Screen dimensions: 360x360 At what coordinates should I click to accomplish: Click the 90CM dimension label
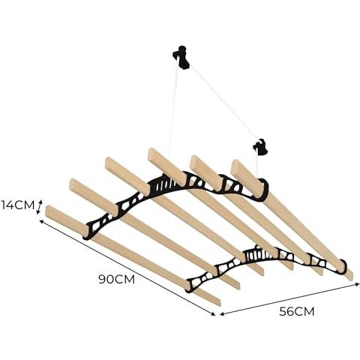click(x=116, y=279)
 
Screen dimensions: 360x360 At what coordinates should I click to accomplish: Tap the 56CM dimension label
click(x=297, y=311)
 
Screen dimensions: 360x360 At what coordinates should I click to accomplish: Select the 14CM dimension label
click(x=17, y=205)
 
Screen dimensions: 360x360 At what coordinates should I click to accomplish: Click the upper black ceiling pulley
click(x=181, y=57)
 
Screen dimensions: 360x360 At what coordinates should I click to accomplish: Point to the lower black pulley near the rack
click(x=261, y=147)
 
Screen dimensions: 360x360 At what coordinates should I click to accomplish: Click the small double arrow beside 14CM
click(x=39, y=207)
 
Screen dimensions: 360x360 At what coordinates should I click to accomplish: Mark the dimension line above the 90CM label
click(x=127, y=268)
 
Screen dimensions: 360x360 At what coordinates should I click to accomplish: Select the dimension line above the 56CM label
click(x=289, y=298)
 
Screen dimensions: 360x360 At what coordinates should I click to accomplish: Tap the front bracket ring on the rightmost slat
click(x=343, y=267)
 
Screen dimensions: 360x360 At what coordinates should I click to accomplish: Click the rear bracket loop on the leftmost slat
click(x=88, y=231)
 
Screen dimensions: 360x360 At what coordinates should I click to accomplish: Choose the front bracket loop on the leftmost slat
click(x=189, y=286)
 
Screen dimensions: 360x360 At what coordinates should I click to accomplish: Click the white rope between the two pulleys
click(x=223, y=103)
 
